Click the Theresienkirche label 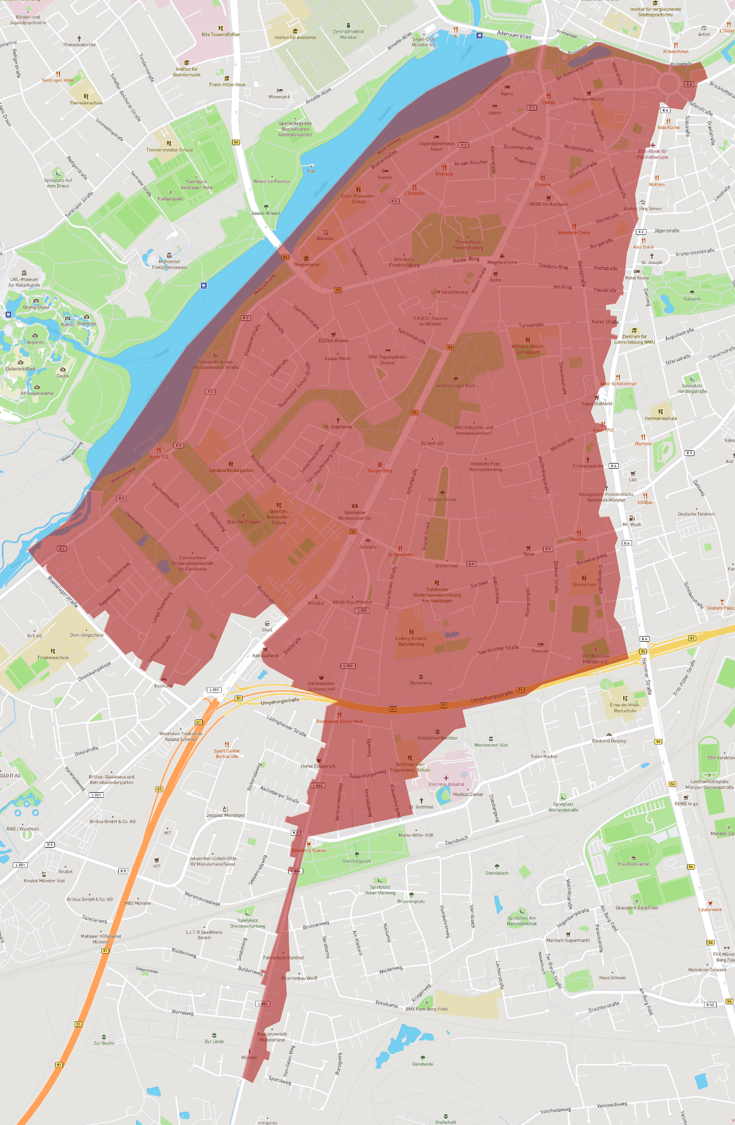tap(79, 45)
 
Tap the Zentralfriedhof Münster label tap(348, 34)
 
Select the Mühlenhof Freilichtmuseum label tap(169, 264)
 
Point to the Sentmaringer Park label tap(455, 385)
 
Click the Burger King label tap(380, 471)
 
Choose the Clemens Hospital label tap(446, 784)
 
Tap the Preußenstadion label tap(633, 864)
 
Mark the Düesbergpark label tap(356, 860)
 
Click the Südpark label tap(691, 299)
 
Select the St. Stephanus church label tap(338, 426)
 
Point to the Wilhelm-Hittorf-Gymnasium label tap(528, 349)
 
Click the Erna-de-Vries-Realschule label tap(624, 707)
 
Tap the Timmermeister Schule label tap(169, 150)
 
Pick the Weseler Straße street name tap(479, 279)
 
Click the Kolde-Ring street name tap(466, 260)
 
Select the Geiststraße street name tap(581, 273)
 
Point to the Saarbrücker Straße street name tap(498, 649)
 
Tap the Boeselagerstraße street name tap(63, 591)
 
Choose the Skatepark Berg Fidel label tap(636, 908)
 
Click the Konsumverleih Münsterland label tap(272, 1037)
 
